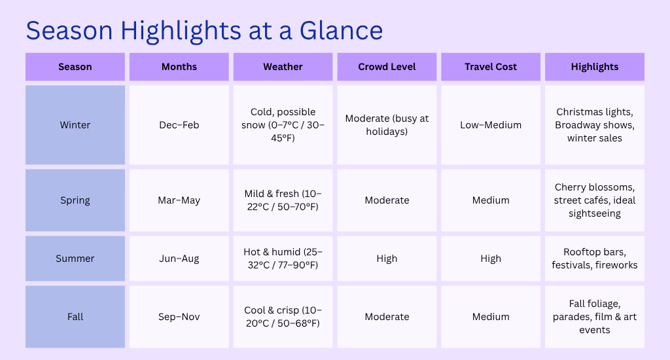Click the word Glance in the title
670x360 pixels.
[341, 31]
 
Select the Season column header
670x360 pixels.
[75, 67]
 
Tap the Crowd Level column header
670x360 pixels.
[387, 67]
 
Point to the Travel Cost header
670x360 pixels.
[491, 67]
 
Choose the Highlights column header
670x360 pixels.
[594, 67]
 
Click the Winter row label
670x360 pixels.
[75, 125]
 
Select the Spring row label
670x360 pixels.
[75, 200]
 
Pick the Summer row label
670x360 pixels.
[75, 259]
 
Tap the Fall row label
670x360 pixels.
[75, 317]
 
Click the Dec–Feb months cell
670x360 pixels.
[179, 125]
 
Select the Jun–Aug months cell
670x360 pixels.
[179, 259]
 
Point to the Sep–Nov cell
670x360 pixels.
[179, 317]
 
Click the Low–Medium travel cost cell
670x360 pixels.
[491, 125]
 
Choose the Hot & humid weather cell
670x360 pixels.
[283, 259]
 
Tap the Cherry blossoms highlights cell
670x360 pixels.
[594, 200]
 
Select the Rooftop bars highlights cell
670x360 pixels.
[594, 259]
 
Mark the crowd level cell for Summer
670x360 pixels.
[387, 259]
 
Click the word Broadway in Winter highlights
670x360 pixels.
[574, 125]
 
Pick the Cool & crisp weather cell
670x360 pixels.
[283, 317]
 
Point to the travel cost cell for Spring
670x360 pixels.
[491, 200]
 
